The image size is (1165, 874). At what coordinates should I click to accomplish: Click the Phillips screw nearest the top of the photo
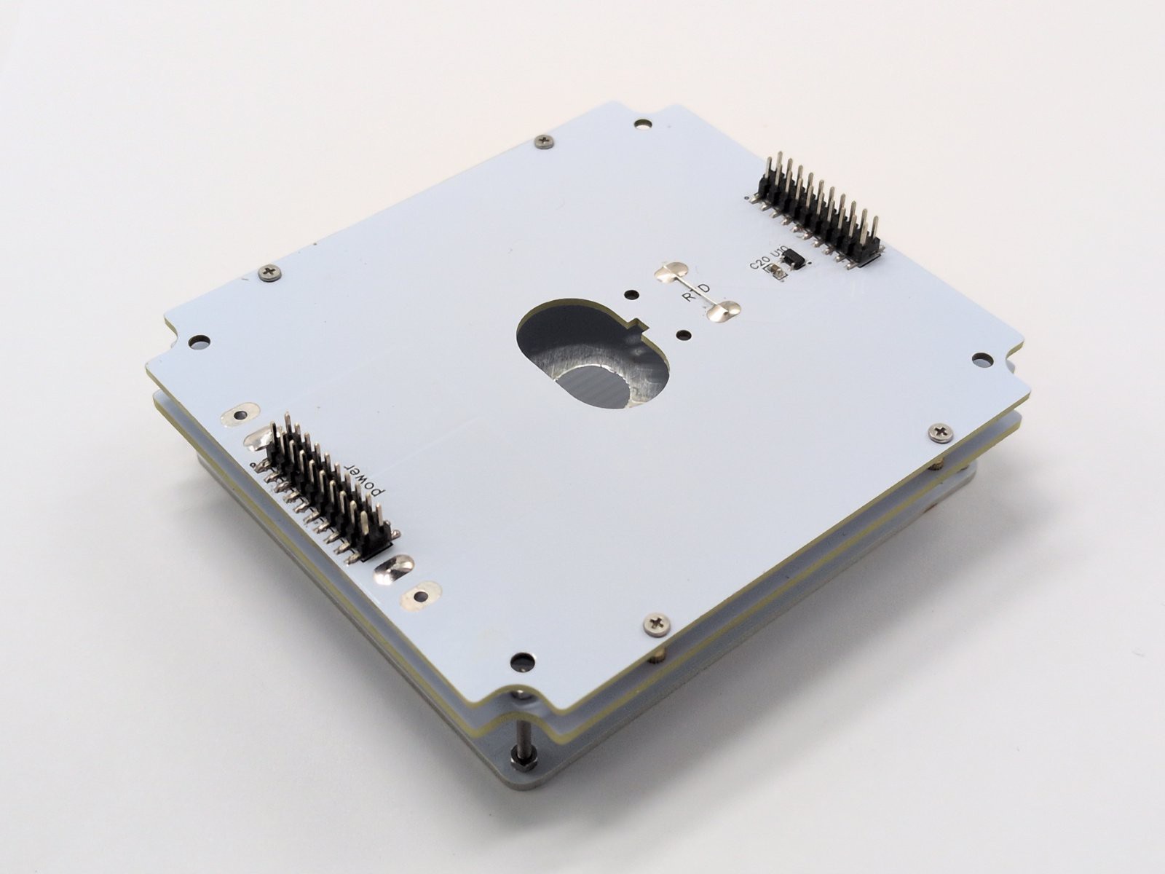point(543,141)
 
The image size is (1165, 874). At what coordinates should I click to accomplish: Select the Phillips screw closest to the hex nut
point(657,623)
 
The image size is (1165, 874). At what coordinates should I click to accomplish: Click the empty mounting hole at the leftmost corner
point(199,341)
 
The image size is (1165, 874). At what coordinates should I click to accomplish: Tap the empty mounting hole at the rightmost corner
point(982,358)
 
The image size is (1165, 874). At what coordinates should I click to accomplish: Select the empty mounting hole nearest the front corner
point(520,661)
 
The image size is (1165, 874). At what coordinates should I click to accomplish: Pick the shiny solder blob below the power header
point(394,569)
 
